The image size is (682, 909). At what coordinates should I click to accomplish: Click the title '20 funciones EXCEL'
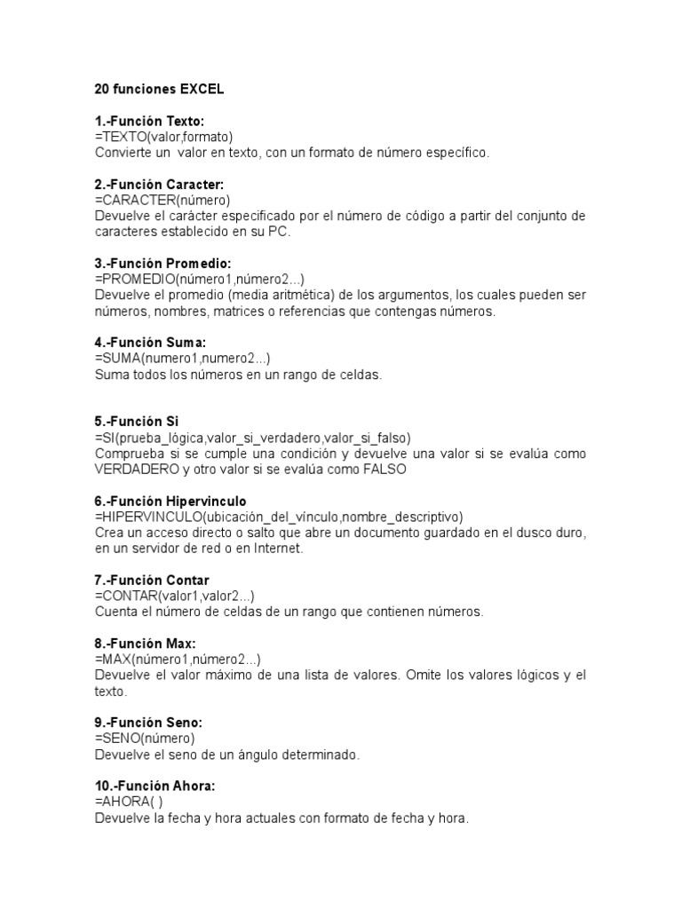pos(159,90)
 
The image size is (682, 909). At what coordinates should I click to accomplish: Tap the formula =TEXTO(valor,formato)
pos(163,137)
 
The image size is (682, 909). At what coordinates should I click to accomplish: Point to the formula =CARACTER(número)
pos(163,200)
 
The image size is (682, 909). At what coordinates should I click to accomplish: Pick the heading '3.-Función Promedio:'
pos(163,264)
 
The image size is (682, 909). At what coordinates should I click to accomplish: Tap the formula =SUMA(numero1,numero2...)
pos(183,359)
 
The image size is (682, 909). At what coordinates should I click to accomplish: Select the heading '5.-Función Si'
pos(137,422)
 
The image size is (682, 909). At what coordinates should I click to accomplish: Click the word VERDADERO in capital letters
pos(137,470)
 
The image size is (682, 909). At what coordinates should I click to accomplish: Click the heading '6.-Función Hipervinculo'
pos(170,502)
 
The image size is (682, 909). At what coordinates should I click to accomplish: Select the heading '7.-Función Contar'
pos(152,581)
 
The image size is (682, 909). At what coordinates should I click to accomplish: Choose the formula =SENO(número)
pos(145,739)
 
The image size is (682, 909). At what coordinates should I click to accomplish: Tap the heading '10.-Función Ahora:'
pos(155,786)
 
